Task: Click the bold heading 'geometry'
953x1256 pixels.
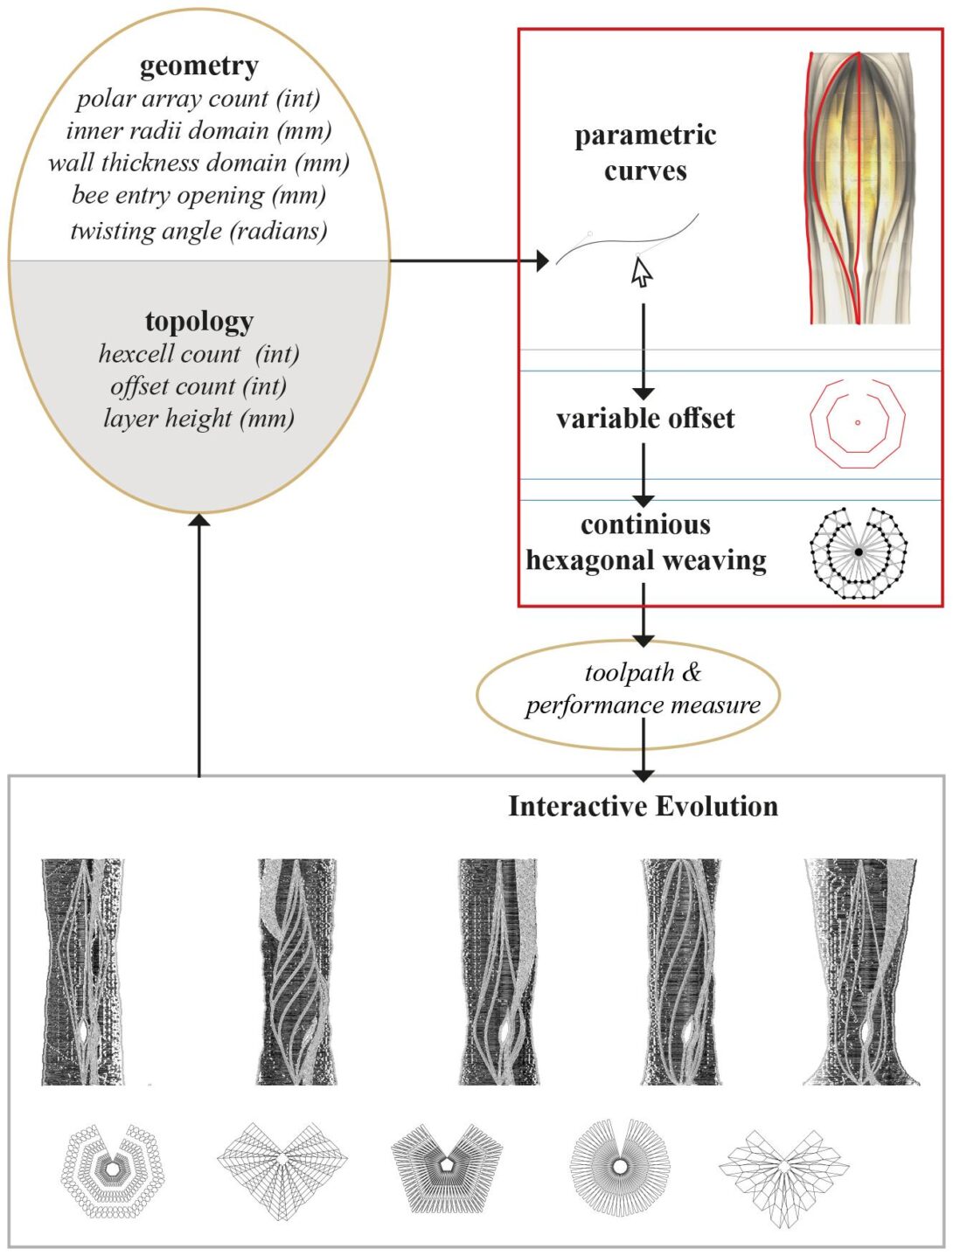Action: (198, 66)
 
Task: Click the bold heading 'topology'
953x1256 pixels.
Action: (198, 322)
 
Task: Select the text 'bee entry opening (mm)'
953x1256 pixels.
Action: (198, 195)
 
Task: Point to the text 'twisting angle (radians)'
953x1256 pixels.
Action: (198, 231)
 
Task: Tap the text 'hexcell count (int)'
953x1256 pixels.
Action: (198, 354)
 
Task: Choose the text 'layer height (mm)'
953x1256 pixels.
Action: (198, 419)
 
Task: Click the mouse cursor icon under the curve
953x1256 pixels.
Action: (642, 274)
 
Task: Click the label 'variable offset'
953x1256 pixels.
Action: (645, 419)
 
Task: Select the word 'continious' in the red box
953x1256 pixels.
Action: (645, 524)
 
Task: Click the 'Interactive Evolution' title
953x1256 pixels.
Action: (643, 806)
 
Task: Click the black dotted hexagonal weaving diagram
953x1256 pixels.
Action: (859, 552)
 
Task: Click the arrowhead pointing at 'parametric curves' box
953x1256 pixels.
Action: (542, 260)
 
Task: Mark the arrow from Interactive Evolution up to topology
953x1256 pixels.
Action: (199, 647)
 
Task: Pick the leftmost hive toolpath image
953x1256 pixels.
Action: (82, 972)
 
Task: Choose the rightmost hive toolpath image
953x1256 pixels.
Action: (861, 972)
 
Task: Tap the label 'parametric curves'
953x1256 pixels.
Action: (645, 153)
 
